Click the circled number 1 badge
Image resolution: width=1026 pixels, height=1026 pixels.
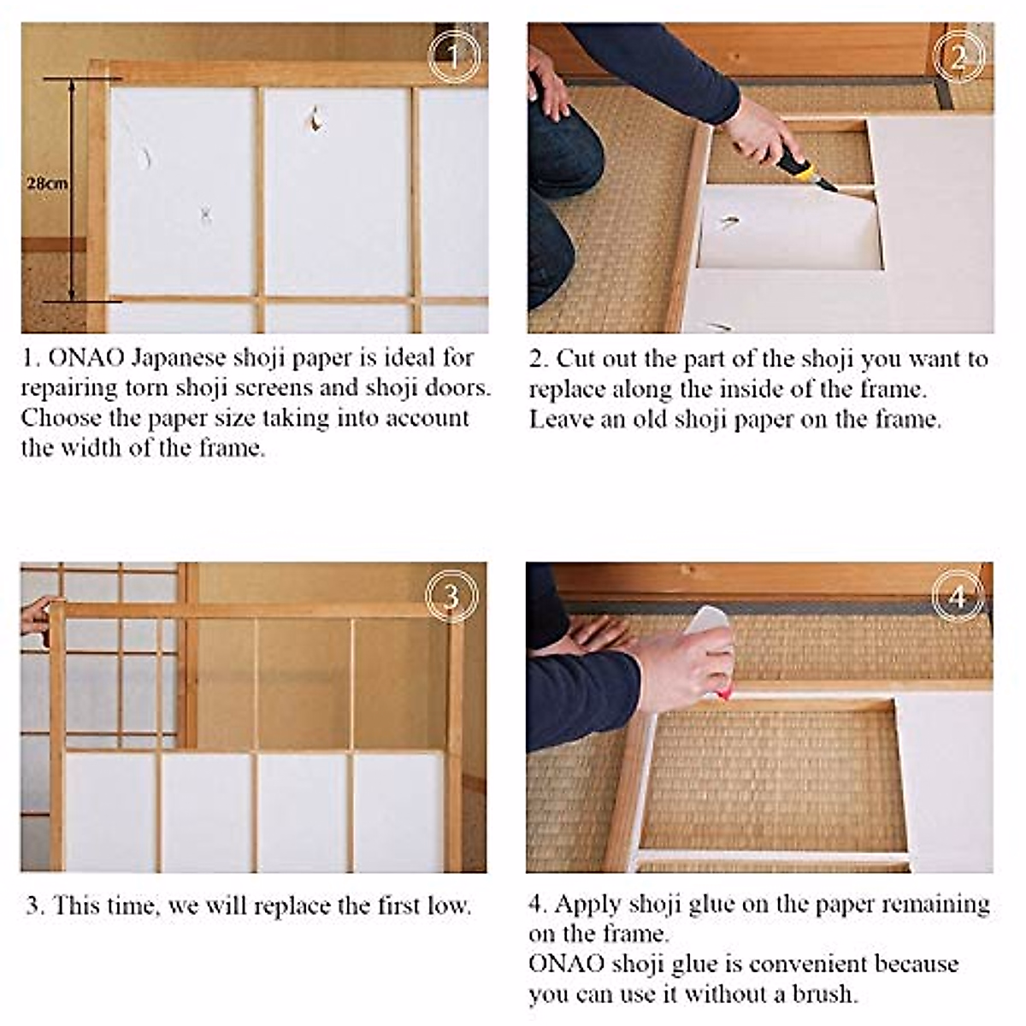(454, 56)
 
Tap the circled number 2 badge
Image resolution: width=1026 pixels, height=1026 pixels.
(959, 56)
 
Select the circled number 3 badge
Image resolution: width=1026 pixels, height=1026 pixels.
(451, 595)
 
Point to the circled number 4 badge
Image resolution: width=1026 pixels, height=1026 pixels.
(958, 595)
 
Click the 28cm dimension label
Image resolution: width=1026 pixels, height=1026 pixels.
(46, 183)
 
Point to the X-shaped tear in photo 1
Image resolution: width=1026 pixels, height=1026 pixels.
(205, 215)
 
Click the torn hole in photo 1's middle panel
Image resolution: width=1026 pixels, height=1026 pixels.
(315, 120)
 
